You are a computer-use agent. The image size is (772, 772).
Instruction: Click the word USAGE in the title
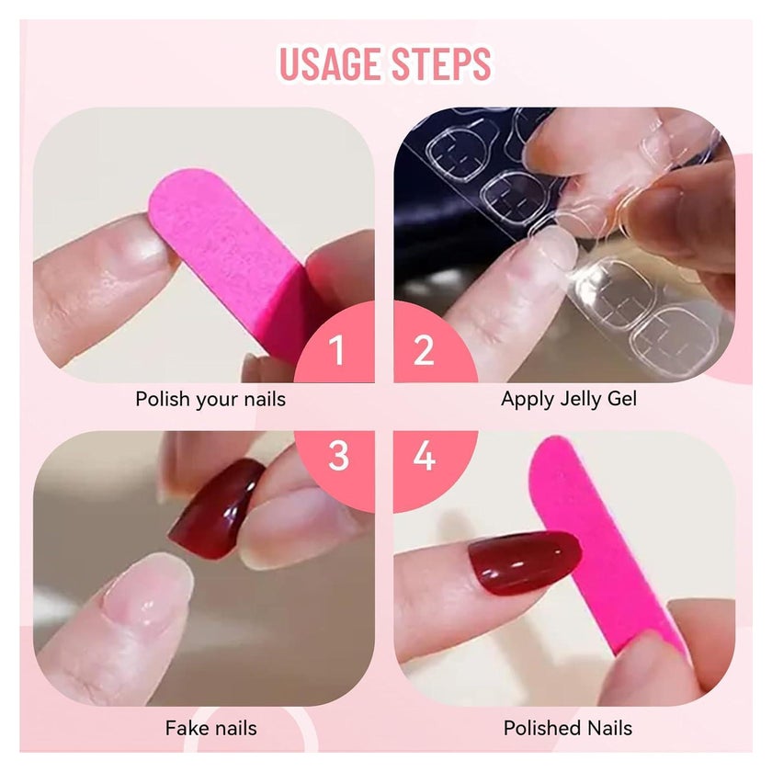click(x=329, y=63)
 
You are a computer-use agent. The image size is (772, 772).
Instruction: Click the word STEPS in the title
click(x=441, y=63)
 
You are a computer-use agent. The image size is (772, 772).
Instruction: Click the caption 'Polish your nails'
click(x=210, y=399)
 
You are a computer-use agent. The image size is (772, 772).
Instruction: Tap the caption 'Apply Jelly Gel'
click(x=569, y=399)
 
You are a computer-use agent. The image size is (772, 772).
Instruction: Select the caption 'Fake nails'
click(x=210, y=728)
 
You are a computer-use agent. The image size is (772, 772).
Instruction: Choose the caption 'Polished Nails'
click(x=568, y=728)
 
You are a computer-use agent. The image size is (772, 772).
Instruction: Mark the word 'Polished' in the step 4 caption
click(x=538, y=728)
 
